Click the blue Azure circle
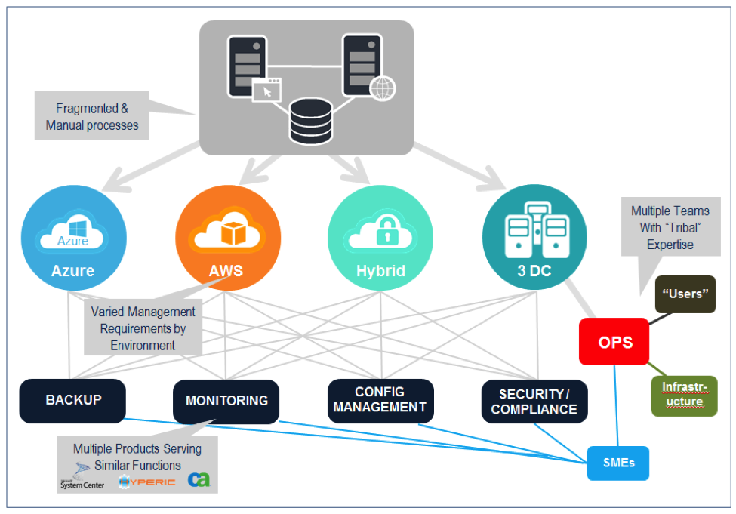(73, 238)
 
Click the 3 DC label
(534, 270)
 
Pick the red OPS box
(615, 342)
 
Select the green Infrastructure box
(684, 395)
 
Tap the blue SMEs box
(617, 463)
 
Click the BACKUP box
(72, 400)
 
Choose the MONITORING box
(226, 401)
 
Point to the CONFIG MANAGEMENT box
(380, 399)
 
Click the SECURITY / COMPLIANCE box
(534, 401)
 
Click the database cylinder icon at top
(311, 120)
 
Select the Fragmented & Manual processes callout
(92, 117)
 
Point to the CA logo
(199, 480)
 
